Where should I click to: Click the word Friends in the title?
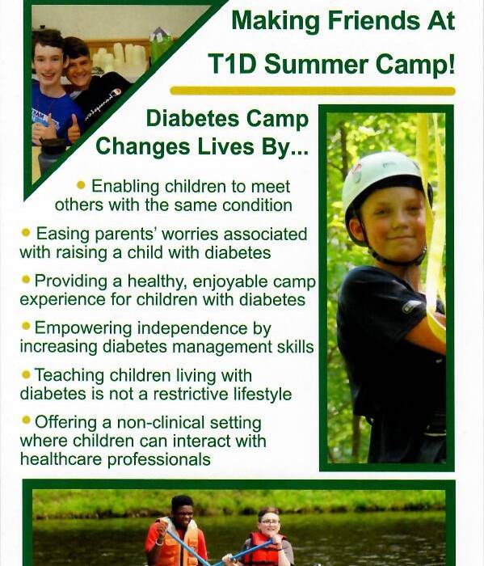pyautogui.click(x=373, y=20)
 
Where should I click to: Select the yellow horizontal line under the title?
pyautogui.click(x=313, y=91)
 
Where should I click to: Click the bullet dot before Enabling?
pyautogui.click(x=81, y=185)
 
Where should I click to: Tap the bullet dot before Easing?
pyautogui.click(x=26, y=232)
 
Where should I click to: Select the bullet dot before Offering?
pyautogui.click(x=26, y=420)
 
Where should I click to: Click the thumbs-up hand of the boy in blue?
pyautogui.click(x=74, y=129)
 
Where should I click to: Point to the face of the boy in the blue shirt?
pyautogui.click(x=48, y=65)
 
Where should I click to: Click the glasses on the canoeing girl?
pyautogui.click(x=270, y=522)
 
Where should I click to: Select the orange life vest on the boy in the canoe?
pyautogui.click(x=177, y=542)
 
